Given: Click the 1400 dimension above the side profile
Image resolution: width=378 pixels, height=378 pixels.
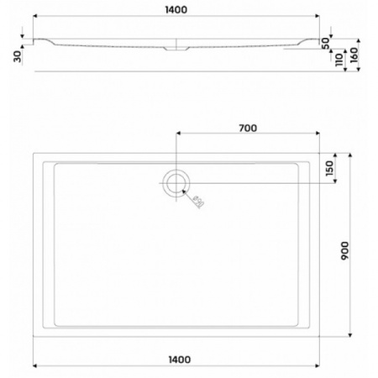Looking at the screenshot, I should click(175, 8).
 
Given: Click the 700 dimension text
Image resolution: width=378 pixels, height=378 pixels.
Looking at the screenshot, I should click(247, 128).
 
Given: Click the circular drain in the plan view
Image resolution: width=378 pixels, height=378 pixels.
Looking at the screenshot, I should click(176, 183).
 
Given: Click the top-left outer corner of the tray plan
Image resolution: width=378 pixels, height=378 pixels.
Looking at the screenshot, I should click(34, 152).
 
